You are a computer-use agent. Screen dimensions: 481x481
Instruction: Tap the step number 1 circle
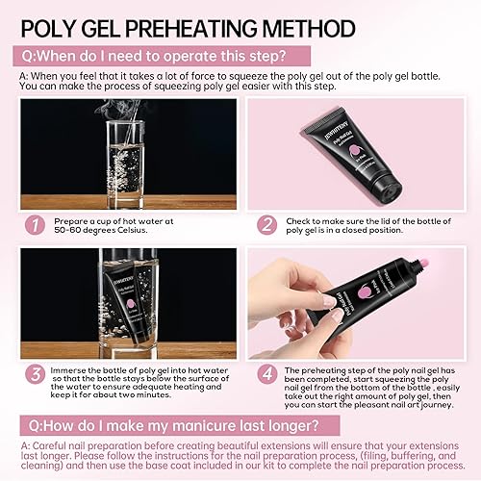36,225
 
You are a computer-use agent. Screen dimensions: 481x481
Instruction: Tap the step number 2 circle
266,225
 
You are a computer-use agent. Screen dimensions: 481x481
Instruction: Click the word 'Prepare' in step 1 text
76,220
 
